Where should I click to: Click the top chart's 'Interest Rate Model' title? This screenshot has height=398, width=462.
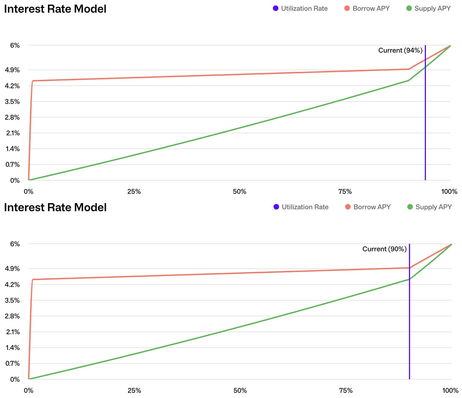tap(55, 9)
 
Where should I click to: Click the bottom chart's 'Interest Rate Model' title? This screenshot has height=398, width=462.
tap(55, 208)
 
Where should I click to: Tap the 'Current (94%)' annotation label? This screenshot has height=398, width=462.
tap(400, 50)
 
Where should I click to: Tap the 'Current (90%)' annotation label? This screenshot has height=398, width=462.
tap(384, 249)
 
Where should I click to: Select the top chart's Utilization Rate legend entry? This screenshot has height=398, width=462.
tap(300, 9)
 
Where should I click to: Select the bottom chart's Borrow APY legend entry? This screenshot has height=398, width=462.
tap(368, 207)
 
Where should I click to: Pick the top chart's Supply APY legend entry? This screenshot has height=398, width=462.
tap(428, 9)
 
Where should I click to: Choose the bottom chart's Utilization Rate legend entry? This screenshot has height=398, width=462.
tap(301, 207)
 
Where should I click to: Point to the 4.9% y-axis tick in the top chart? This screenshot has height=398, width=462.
tap(13, 70)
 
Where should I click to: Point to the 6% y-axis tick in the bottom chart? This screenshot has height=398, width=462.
tap(15, 244)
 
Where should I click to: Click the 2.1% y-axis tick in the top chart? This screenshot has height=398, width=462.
tap(13, 133)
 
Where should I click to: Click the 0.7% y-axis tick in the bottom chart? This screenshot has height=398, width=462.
tap(13, 363)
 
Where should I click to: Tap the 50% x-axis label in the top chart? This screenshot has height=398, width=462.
tap(240, 192)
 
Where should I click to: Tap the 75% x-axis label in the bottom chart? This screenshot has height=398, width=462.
tap(346, 390)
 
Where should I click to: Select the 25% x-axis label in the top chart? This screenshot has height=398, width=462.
tap(134, 192)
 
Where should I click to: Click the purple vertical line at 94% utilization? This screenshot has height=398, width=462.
tap(425, 127)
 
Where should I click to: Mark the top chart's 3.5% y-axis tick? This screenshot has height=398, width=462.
tap(13, 102)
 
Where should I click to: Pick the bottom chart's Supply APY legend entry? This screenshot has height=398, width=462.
tap(429, 207)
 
